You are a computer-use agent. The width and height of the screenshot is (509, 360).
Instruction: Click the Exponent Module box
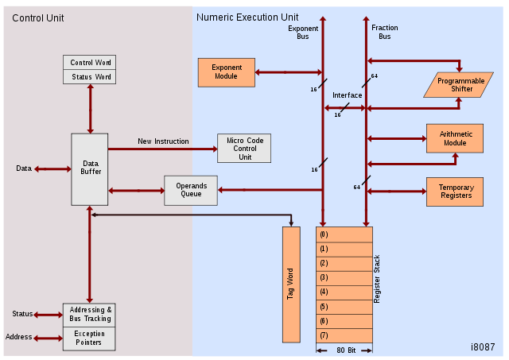pos(226,72)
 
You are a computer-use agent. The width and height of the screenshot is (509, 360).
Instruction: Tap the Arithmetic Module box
pos(455,138)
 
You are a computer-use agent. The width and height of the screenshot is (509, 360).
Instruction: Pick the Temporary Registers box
pos(455,192)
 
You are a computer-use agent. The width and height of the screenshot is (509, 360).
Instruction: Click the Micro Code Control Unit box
pos(244,148)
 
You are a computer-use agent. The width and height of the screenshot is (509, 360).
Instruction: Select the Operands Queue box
pos(191,190)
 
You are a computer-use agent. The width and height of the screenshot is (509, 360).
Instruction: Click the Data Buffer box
pos(89,168)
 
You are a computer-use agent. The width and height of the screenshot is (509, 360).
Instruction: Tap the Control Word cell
pos(90,63)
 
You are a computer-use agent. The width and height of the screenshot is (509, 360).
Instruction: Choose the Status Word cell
pos(90,76)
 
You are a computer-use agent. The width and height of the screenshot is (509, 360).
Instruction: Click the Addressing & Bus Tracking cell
pos(90,314)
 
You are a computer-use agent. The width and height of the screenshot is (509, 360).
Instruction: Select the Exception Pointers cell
pos(90,339)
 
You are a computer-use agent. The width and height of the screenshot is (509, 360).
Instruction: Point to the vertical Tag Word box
pos(290,284)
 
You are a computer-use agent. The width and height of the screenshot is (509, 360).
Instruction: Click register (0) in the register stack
pos(344,234)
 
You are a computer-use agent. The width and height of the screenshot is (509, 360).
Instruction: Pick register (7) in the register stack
pos(344,335)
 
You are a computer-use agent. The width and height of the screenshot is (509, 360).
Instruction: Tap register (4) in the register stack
pos(344,292)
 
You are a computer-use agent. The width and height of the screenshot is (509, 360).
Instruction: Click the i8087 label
pos(483,348)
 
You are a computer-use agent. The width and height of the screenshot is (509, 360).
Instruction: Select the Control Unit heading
pos(37,17)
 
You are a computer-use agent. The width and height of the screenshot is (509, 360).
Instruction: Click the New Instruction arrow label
pos(163,141)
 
